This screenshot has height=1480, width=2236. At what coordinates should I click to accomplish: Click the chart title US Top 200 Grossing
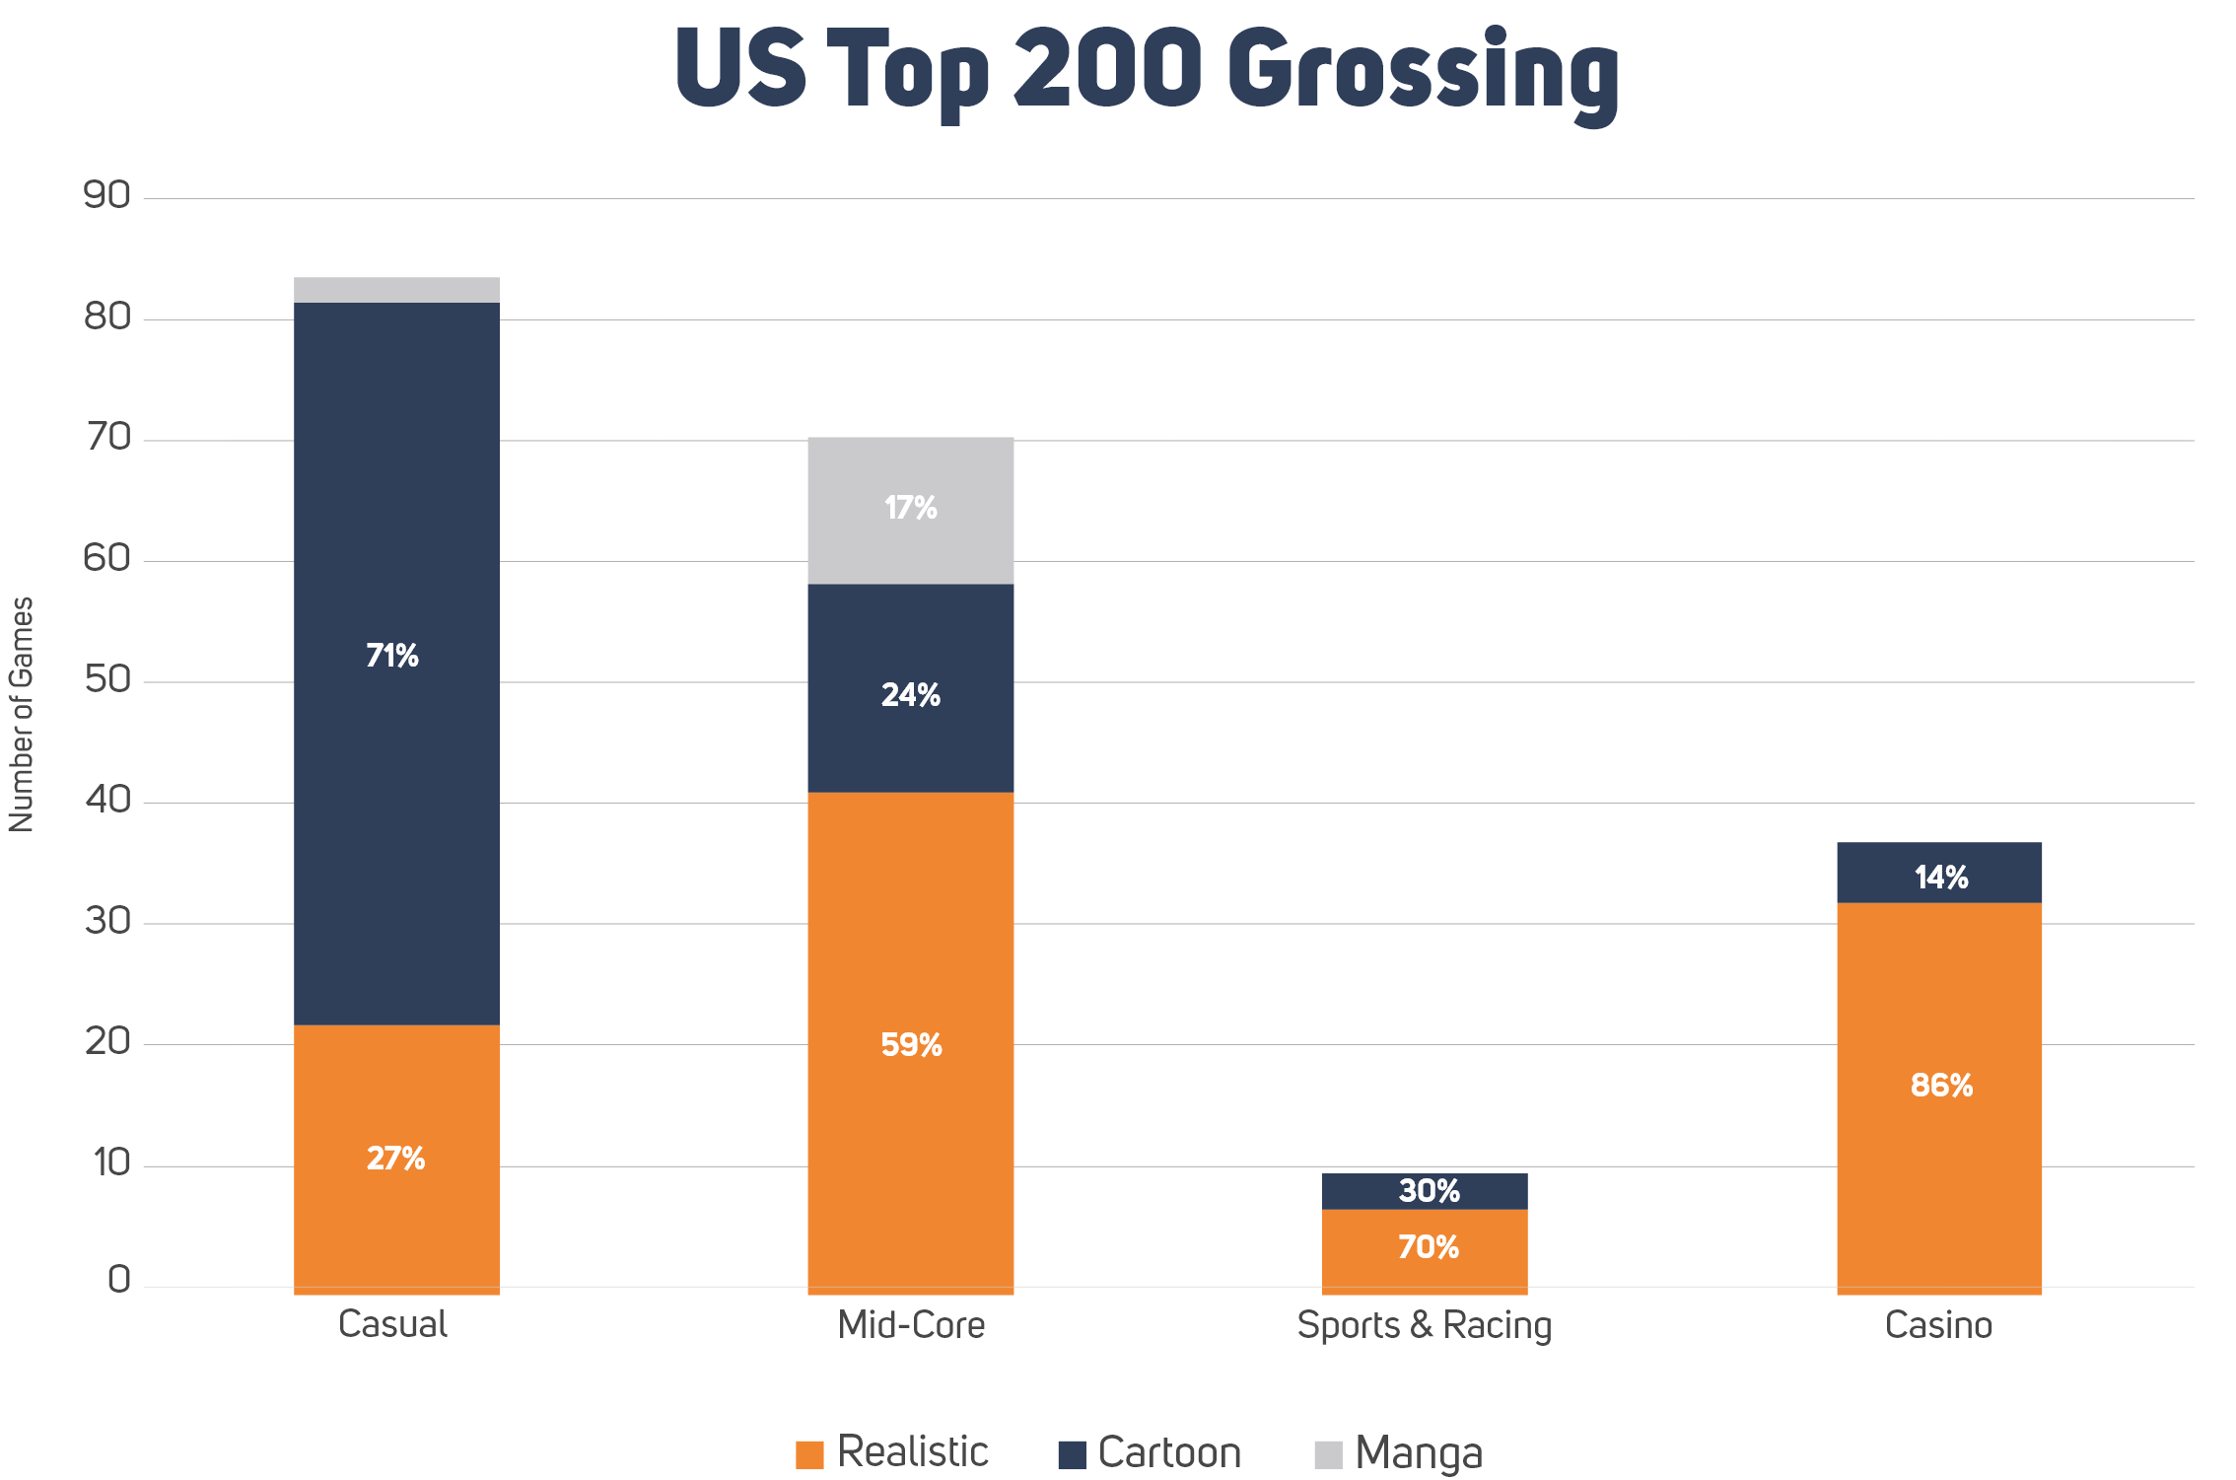click(1147, 71)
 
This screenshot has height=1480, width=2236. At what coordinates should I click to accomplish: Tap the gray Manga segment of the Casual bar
click(396, 290)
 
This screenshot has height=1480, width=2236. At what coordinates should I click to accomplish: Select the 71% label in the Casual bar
click(392, 656)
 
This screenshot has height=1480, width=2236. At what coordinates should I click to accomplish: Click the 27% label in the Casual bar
click(395, 1158)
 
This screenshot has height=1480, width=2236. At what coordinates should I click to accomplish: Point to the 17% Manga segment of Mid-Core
click(910, 509)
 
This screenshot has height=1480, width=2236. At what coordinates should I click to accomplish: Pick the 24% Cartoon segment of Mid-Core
click(910, 695)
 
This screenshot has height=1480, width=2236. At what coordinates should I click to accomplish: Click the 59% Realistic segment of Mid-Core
click(911, 1045)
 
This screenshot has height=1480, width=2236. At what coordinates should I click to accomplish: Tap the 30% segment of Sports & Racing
click(1429, 1191)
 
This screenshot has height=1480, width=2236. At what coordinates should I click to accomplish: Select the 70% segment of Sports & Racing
click(1428, 1247)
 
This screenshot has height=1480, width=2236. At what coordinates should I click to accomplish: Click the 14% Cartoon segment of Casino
click(1940, 877)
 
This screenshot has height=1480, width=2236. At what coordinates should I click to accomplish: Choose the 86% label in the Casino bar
click(1941, 1086)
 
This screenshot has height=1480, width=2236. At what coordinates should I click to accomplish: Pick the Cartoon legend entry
click(1150, 1453)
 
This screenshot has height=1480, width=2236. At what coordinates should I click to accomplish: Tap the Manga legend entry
click(1400, 1453)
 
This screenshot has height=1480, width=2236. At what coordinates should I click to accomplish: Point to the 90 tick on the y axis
click(106, 196)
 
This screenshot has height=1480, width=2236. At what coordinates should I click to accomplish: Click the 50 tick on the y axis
click(106, 679)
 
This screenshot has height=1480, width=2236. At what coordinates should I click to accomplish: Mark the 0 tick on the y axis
click(118, 1280)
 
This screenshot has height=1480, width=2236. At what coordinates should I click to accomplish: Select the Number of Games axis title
click(22, 714)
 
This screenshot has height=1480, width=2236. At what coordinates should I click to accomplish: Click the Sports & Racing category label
click(1424, 1325)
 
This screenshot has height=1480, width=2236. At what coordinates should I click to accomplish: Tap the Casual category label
click(392, 1324)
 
